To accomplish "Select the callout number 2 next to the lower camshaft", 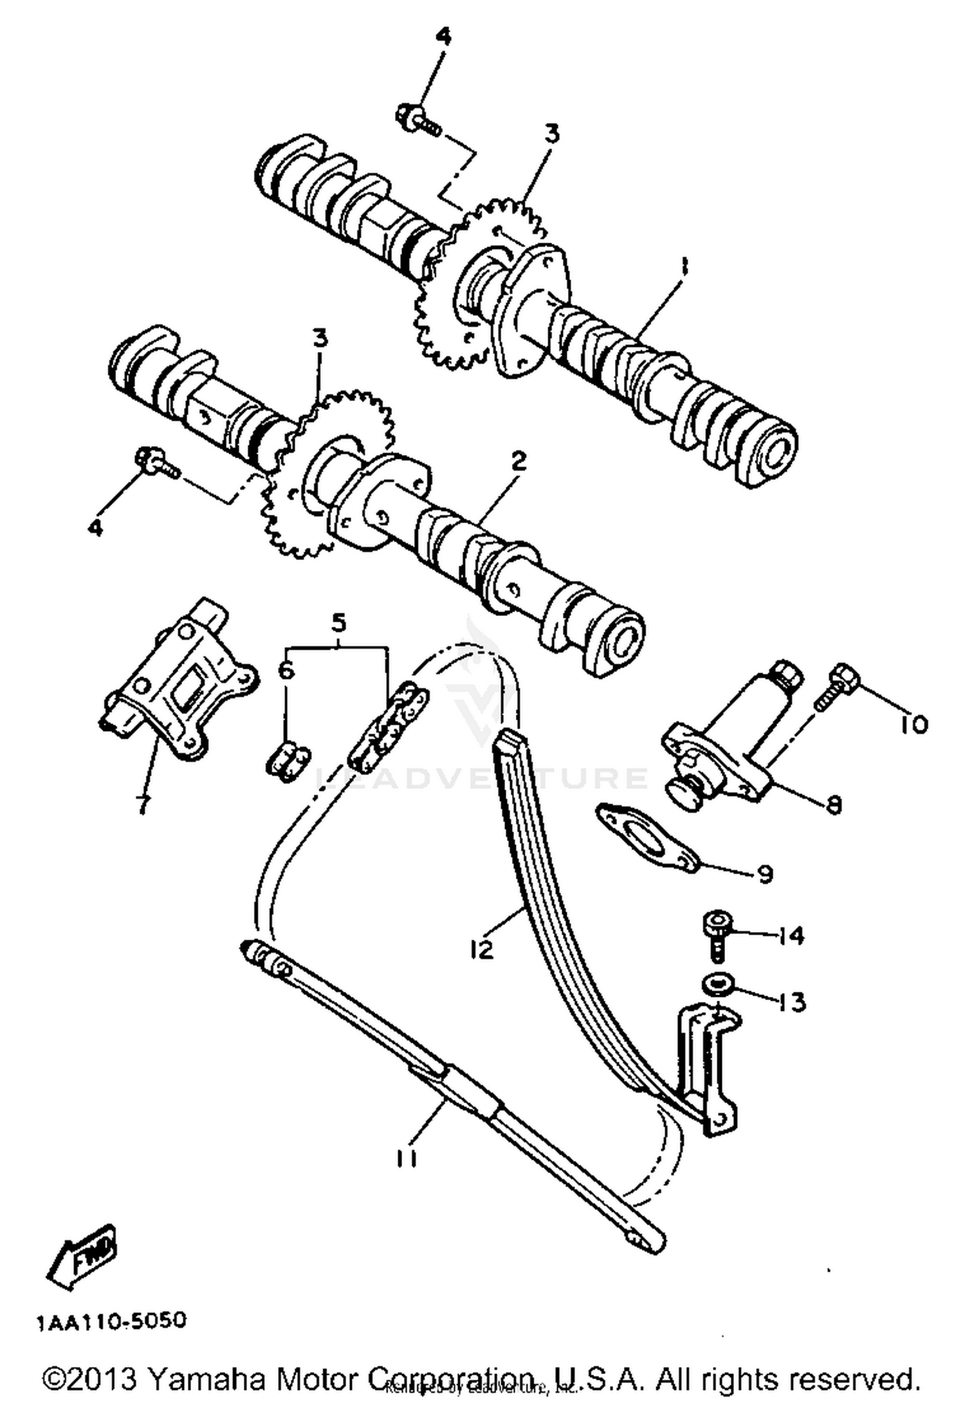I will tap(519, 461).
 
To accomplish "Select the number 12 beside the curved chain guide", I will tap(481, 949).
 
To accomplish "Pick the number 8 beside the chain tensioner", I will tap(834, 804).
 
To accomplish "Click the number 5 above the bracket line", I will tap(339, 622).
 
